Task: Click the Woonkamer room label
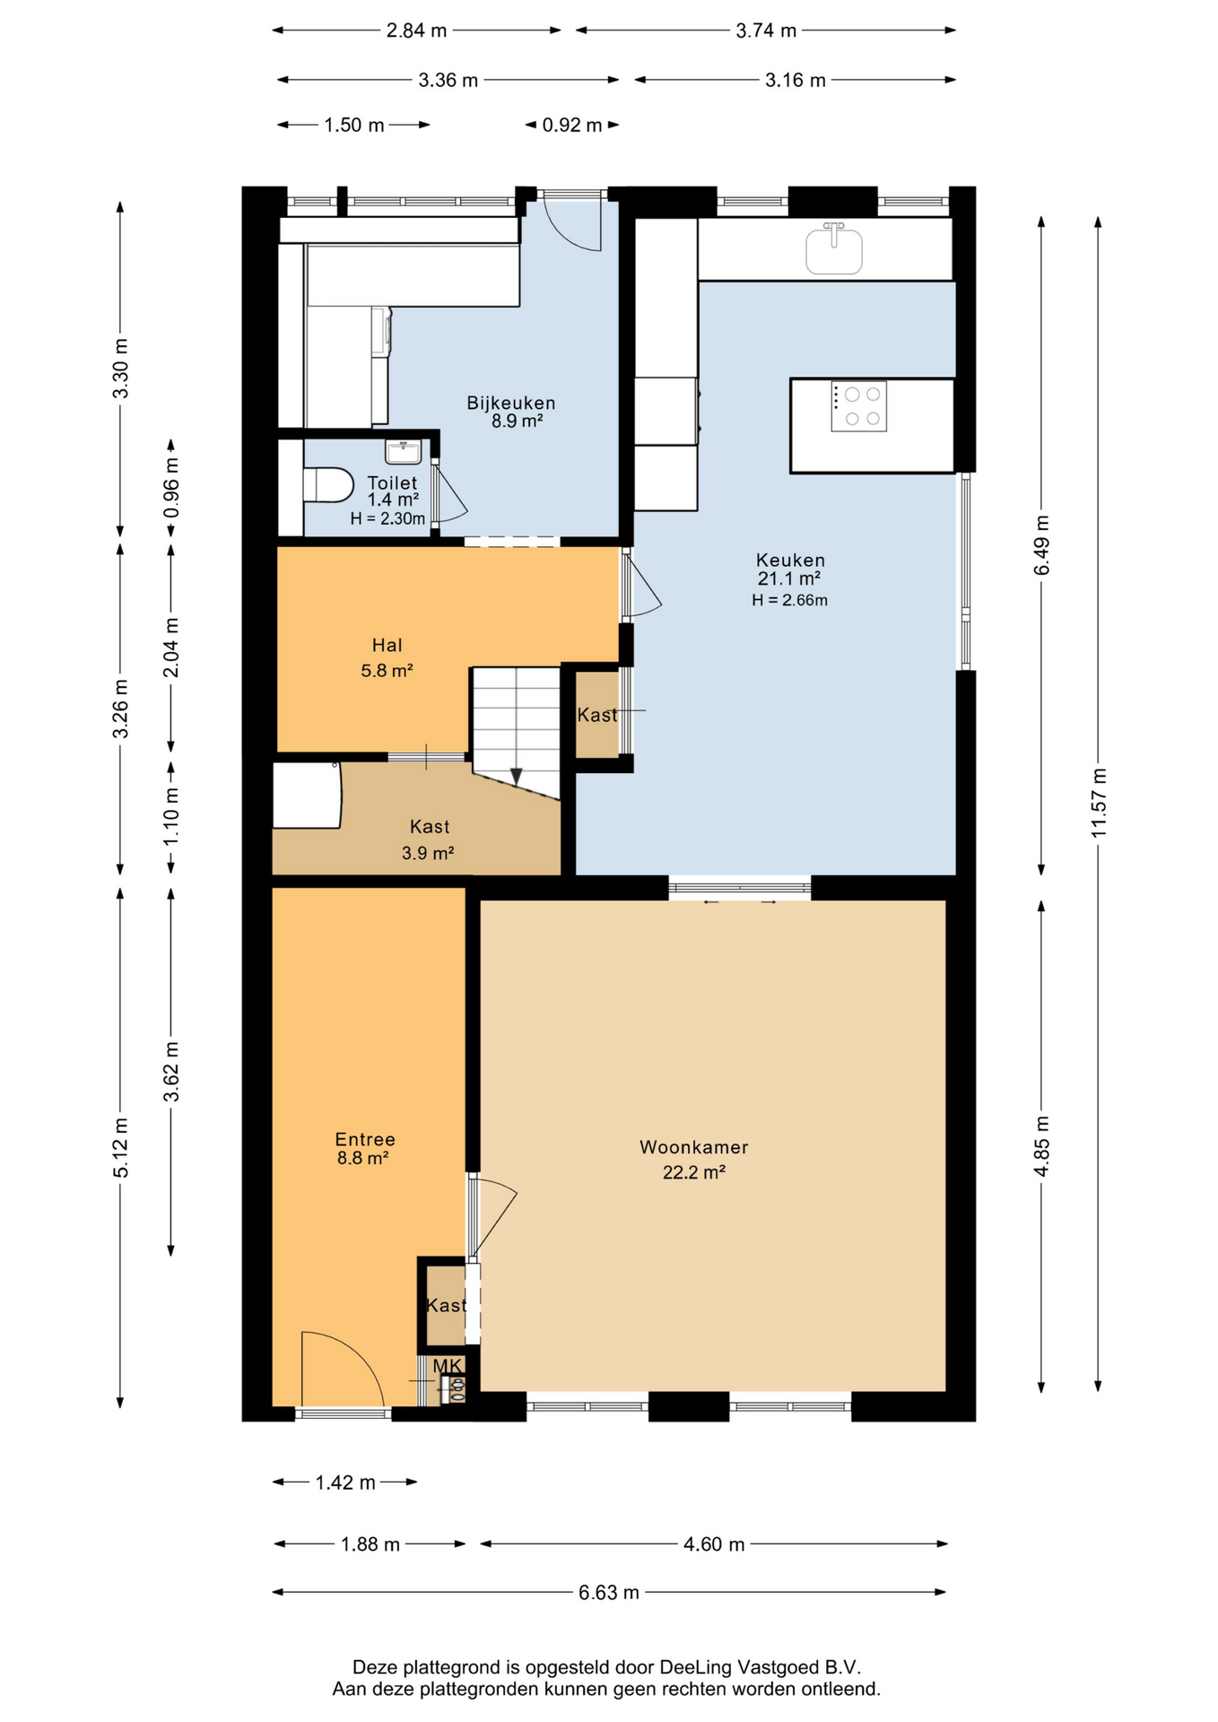click(693, 1147)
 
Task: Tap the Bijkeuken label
click(511, 403)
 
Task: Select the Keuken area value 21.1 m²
click(789, 579)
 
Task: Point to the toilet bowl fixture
click(328, 484)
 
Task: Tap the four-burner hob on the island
click(859, 406)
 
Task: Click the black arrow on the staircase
click(516, 777)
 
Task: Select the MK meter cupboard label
click(448, 1365)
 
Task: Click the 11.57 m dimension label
click(1099, 803)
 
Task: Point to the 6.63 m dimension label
click(609, 1592)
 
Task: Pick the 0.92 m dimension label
click(572, 125)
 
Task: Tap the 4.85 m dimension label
click(1041, 1146)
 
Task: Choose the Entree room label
click(365, 1139)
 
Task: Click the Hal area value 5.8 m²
click(387, 670)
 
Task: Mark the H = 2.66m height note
click(789, 600)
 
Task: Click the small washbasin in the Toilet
click(404, 451)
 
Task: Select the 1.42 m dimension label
click(345, 1483)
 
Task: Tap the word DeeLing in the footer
click(695, 1667)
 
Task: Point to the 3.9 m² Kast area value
click(428, 853)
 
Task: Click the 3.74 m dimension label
click(766, 30)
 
